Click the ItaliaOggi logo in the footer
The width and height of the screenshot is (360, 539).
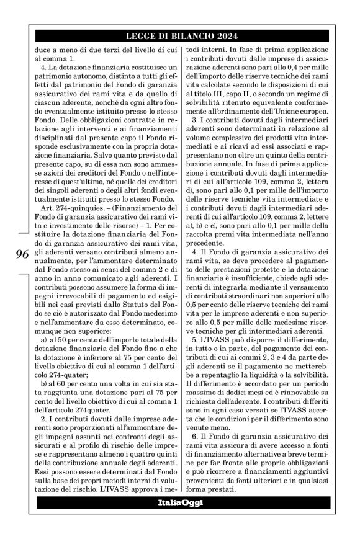(x=180, y=510)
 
